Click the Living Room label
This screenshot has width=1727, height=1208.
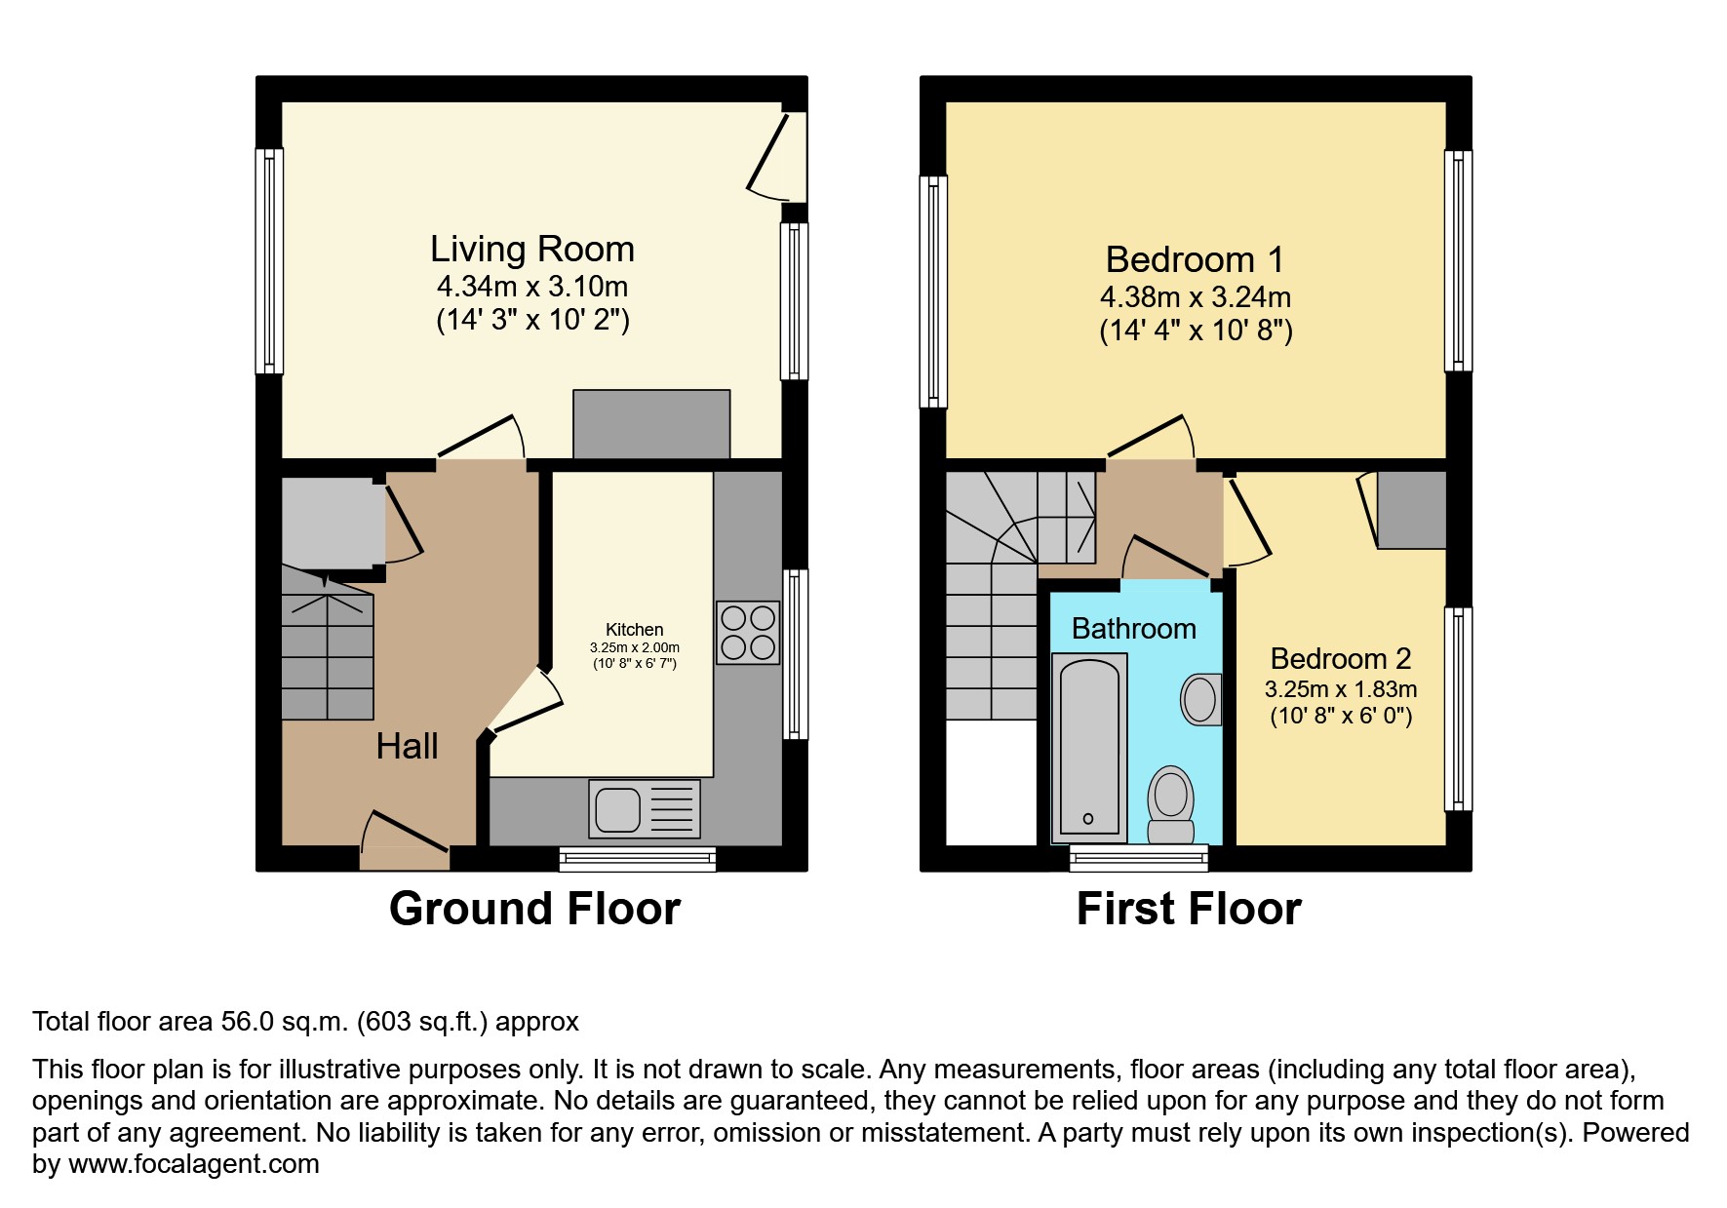click(532, 250)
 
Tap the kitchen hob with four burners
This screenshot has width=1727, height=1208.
click(748, 633)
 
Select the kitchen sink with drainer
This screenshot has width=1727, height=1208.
click(644, 809)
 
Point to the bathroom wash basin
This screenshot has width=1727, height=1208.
click(1200, 699)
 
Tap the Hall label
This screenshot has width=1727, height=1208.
click(407, 747)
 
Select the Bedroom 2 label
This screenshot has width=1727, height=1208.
click(1341, 658)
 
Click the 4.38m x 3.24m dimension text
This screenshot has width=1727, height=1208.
click(1196, 296)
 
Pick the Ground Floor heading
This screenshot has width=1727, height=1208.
click(534, 909)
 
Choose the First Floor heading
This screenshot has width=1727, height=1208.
click(1189, 909)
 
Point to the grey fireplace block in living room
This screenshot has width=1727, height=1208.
click(651, 424)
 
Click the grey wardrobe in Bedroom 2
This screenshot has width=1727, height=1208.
click(1410, 510)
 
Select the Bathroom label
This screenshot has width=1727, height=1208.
click(1133, 629)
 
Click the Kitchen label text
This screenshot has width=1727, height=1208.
click(634, 630)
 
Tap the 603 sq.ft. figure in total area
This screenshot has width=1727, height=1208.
click(421, 1022)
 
